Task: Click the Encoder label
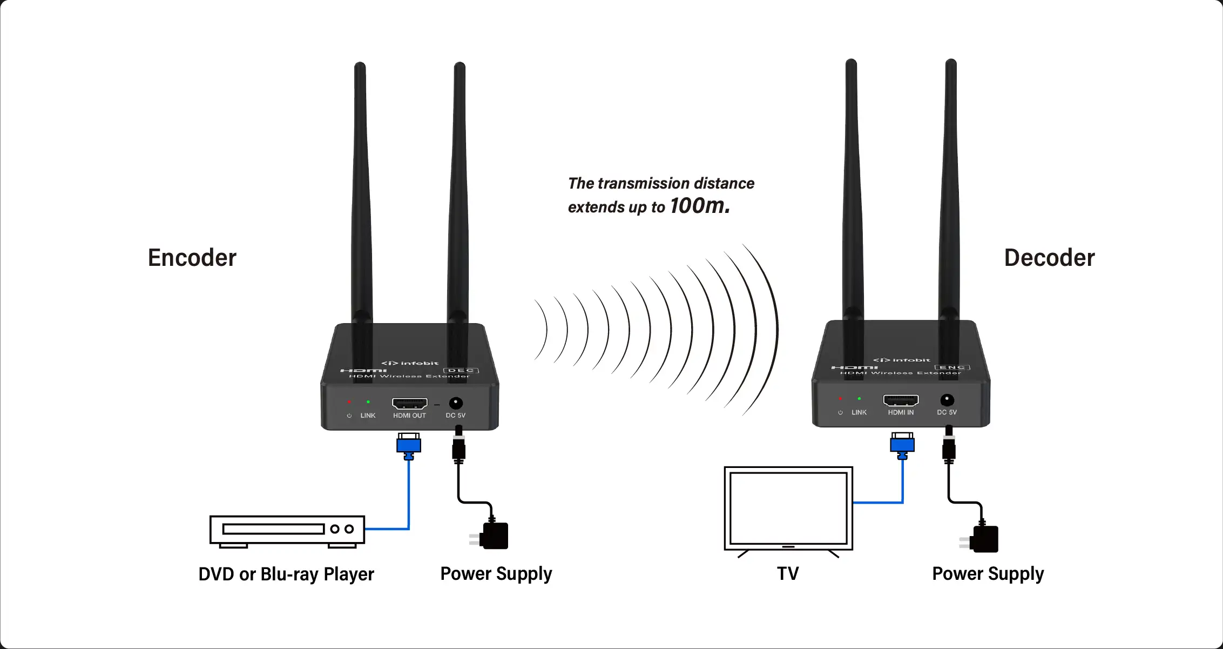pyautogui.click(x=192, y=258)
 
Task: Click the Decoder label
pyautogui.click(x=1049, y=258)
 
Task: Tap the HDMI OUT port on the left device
pyautogui.click(x=409, y=403)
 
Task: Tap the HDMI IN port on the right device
pyautogui.click(x=901, y=400)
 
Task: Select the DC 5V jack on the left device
pyautogui.click(x=456, y=403)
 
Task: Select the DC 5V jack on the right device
pyautogui.click(x=947, y=400)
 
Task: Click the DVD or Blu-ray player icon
pyautogui.click(x=287, y=530)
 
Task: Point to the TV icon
pyautogui.click(x=788, y=510)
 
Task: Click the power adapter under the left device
pyautogui.click(x=492, y=536)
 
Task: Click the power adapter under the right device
pyautogui.click(x=983, y=539)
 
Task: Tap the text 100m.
pyautogui.click(x=699, y=206)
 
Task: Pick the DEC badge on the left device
pyautogui.click(x=461, y=371)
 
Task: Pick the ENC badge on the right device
pyautogui.click(x=952, y=367)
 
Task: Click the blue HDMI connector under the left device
pyautogui.click(x=409, y=445)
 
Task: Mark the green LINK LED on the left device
pyautogui.click(x=368, y=402)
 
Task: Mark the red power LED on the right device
pyautogui.click(x=840, y=399)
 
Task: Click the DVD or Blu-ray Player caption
pyautogui.click(x=286, y=574)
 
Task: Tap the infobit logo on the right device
pyautogui.click(x=902, y=360)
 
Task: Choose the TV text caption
pyautogui.click(x=787, y=573)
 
